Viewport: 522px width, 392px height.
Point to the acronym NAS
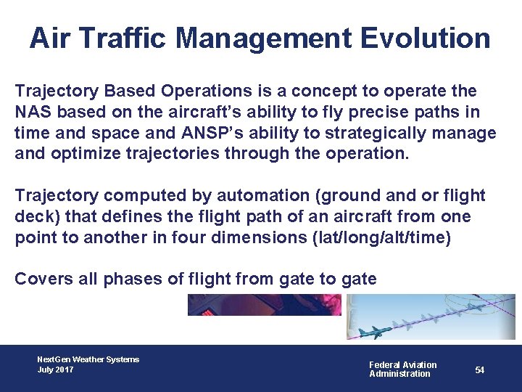(x=31, y=113)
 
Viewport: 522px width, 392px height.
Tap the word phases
(x=129, y=279)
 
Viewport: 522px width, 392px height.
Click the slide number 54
(x=480, y=370)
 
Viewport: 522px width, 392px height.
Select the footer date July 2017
(x=55, y=370)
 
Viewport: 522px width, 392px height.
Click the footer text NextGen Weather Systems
(x=88, y=359)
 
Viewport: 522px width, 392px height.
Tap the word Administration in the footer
(x=399, y=374)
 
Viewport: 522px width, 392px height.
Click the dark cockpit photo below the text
(x=264, y=304)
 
